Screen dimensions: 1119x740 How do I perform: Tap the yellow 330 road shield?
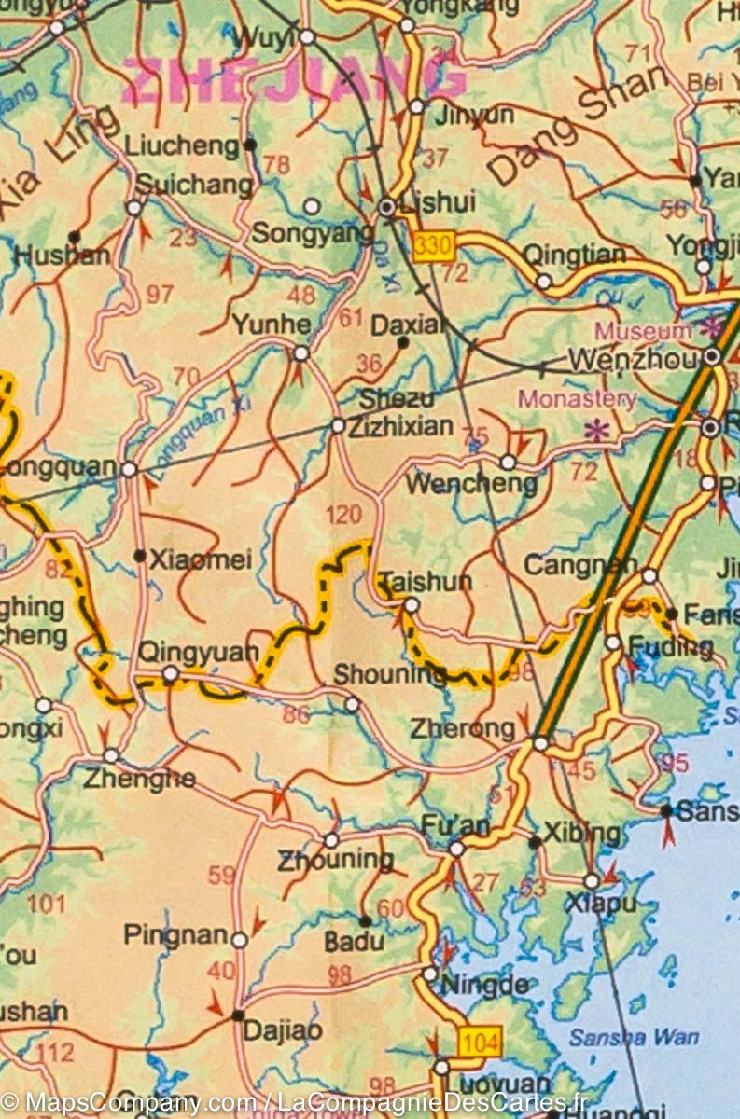point(433,245)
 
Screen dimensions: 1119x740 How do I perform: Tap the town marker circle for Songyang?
point(313,205)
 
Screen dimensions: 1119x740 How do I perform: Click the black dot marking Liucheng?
point(249,145)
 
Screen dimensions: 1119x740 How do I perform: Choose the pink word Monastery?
point(578,399)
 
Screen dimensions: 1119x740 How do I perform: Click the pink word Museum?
point(643,331)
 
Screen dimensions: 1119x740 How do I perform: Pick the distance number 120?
point(342,514)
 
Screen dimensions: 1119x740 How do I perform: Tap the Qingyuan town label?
point(197,652)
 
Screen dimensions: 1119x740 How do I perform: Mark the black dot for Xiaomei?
point(139,556)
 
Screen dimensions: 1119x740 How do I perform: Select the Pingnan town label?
point(175,934)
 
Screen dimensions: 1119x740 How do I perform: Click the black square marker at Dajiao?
point(238,1015)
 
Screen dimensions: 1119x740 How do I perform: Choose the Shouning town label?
point(390,674)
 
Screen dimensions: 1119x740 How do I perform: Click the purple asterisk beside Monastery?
point(594,431)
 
